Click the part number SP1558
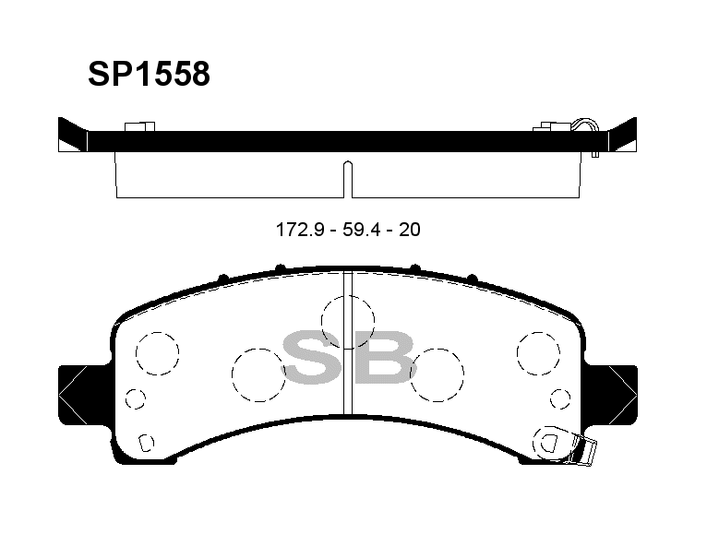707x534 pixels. click(149, 74)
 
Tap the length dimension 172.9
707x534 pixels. click(300, 230)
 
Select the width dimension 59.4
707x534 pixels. click(362, 230)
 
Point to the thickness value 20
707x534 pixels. click(410, 230)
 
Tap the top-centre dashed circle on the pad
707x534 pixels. click(348, 322)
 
